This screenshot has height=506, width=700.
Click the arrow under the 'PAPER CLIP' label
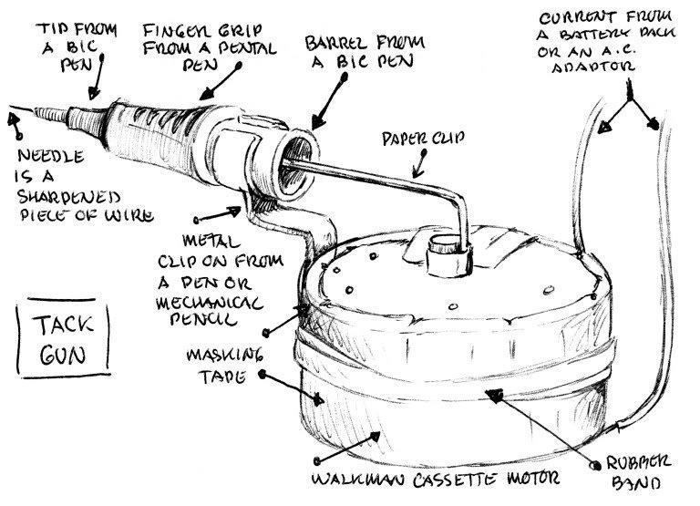417,165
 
